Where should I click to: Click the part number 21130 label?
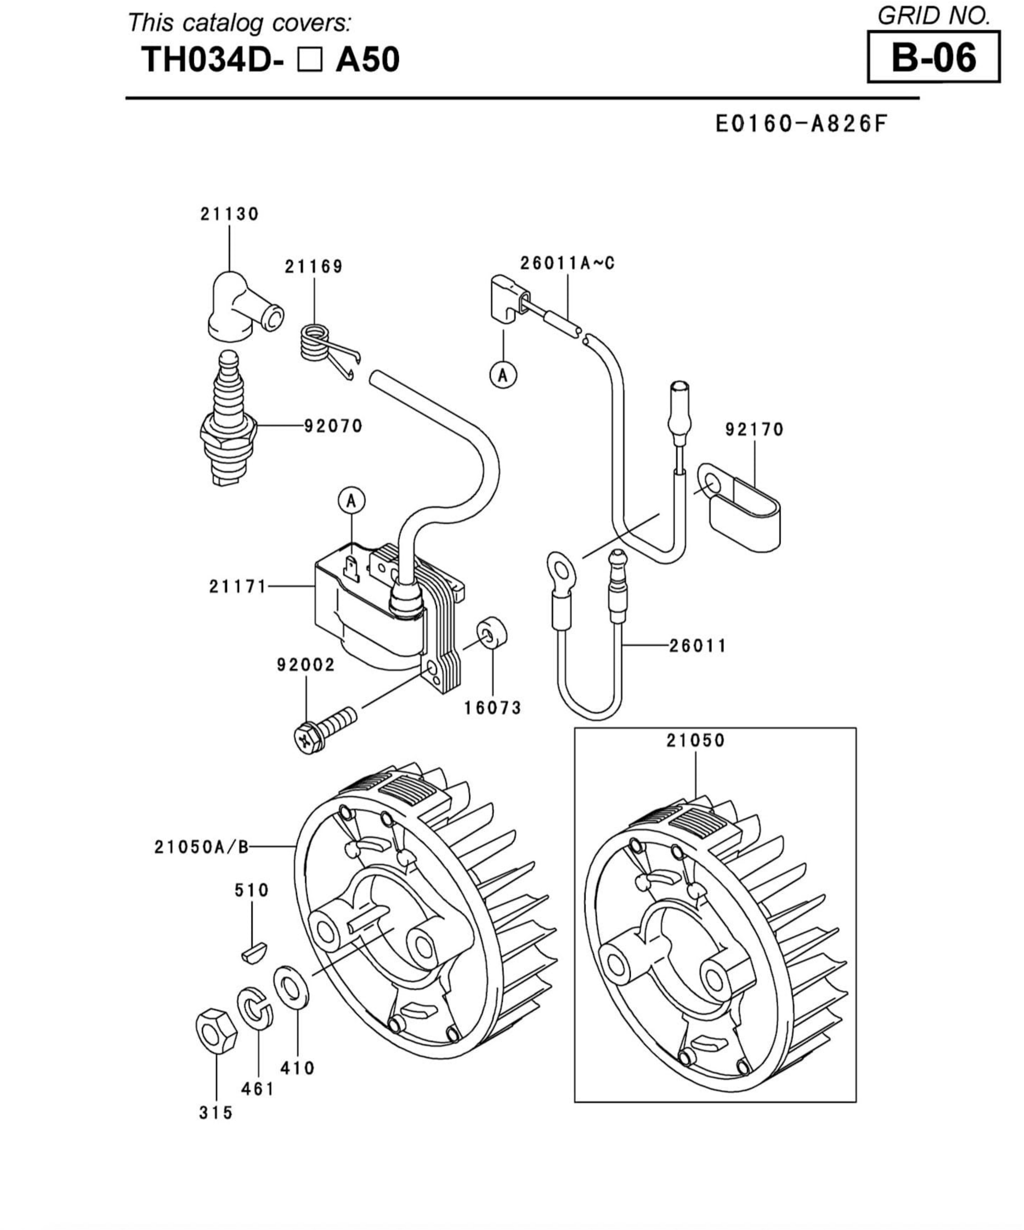pos(229,215)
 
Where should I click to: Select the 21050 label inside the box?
pos(695,741)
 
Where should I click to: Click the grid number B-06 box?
pos(933,57)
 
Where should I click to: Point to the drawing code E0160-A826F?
pos(801,124)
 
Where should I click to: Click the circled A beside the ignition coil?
pos(351,501)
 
